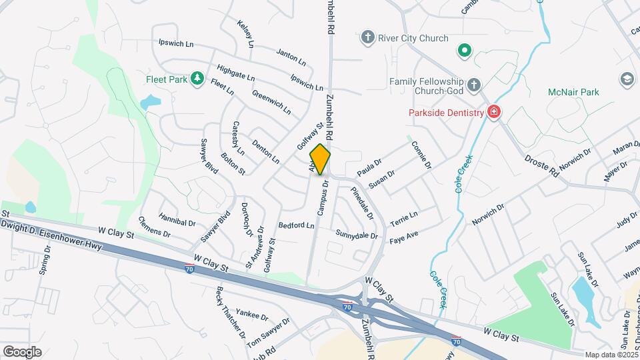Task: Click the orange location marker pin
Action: [x=320, y=159]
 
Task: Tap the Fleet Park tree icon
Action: [x=197, y=79]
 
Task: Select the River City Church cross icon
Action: [x=367, y=37]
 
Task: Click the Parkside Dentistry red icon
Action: [x=494, y=112]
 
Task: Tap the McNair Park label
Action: [x=573, y=92]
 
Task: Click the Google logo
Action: [x=22, y=351]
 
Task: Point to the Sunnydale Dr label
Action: [x=357, y=235]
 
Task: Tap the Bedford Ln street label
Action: [x=296, y=225]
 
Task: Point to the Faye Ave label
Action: [x=403, y=235]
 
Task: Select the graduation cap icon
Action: [x=626, y=79]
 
